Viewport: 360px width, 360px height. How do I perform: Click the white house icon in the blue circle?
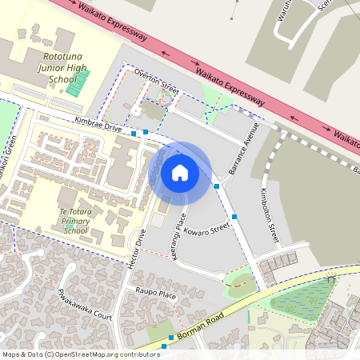[180, 173]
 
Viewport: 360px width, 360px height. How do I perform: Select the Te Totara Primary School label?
[75, 220]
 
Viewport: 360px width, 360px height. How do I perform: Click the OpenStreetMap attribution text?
[80, 354]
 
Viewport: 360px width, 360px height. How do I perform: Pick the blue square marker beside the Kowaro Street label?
[234, 216]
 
